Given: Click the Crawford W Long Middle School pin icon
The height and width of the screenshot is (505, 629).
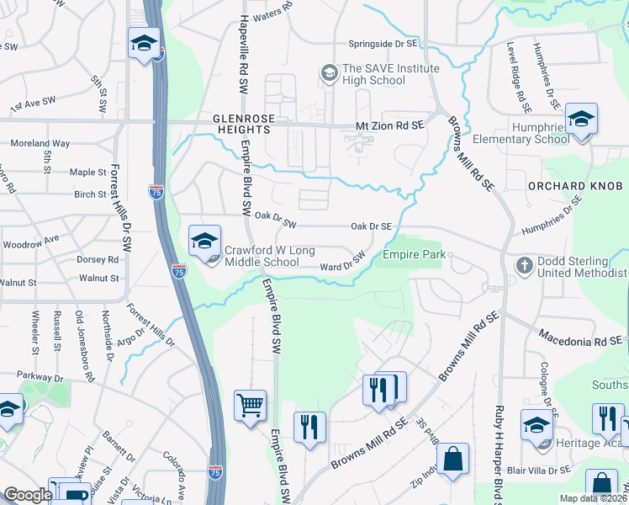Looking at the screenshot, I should click(204, 242).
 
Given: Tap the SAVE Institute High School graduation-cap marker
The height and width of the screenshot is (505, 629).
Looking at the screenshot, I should click(326, 74).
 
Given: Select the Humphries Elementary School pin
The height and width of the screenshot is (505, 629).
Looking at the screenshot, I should click(580, 120).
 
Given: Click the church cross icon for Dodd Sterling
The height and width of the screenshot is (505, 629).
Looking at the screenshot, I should click(524, 266).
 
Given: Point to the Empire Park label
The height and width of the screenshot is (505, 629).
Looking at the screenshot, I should click(413, 254).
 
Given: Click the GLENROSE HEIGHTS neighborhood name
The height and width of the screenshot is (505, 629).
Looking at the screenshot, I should click(241, 125).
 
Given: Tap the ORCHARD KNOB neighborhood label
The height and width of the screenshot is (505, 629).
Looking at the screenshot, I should click(565, 185).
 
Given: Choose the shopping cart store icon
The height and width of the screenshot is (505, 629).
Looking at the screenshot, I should click(251, 407).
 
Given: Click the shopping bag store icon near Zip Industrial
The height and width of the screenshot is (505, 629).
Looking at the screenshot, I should click(452, 460).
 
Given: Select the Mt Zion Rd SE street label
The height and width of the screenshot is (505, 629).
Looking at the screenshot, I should click(389, 125).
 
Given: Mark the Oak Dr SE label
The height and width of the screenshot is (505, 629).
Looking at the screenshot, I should click(371, 226).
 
